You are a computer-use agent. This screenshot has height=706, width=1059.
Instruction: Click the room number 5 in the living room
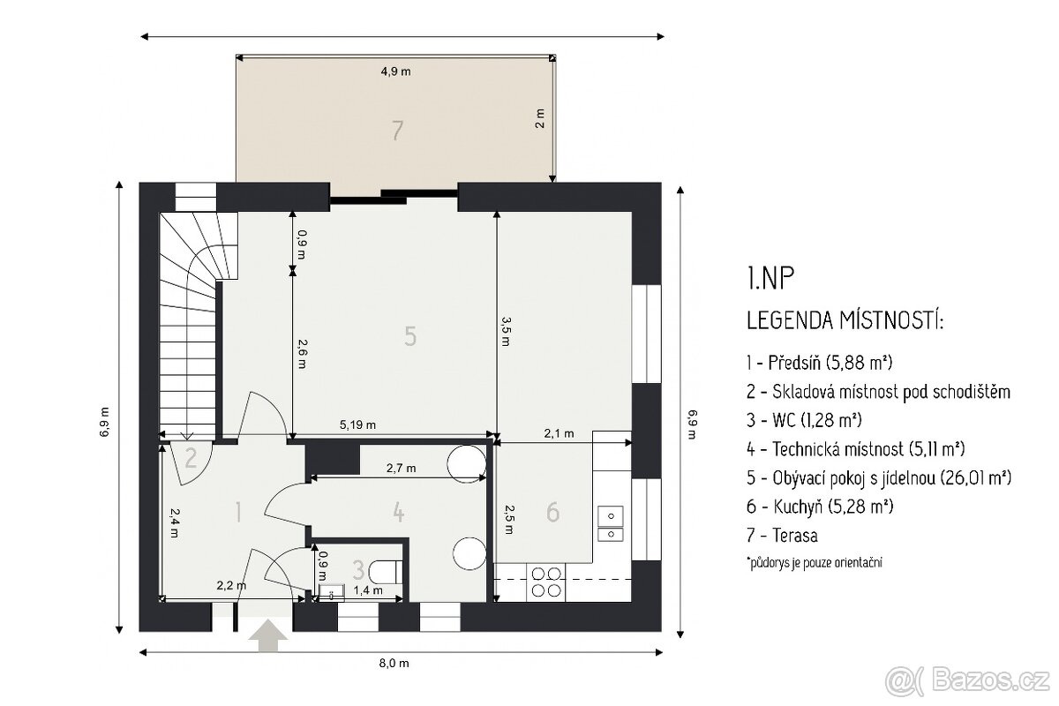click(x=410, y=336)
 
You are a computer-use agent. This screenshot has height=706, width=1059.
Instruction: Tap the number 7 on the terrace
click(x=397, y=131)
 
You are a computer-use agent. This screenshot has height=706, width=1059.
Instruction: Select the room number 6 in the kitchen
click(x=552, y=512)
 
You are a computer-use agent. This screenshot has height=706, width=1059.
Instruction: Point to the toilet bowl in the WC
click(x=386, y=571)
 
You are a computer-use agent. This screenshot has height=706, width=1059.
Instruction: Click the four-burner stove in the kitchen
click(x=546, y=582)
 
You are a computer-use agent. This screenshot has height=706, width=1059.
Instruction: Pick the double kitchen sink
click(x=611, y=523)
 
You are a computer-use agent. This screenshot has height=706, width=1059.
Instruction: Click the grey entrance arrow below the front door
click(x=268, y=635)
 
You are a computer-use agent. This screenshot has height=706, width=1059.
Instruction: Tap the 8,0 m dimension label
click(x=394, y=663)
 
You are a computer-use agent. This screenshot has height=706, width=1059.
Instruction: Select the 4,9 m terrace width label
click(x=395, y=71)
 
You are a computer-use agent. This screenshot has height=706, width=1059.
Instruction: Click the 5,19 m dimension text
click(x=358, y=424)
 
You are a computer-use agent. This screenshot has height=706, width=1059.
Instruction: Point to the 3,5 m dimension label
click(x=505, y=331)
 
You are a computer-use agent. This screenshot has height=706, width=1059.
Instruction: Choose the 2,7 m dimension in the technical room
click(x=401, y=468)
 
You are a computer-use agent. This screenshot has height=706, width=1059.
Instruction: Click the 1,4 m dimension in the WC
click(x=368, y=590)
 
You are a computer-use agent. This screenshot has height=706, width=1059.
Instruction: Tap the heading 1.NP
click(x=770, y=278)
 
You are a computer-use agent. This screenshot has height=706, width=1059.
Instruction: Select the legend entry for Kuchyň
click(x=820, y=507)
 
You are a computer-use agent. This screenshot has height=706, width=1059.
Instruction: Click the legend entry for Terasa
click(x=782, y=536)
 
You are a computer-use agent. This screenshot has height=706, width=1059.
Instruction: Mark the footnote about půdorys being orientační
click(x=814, y=562)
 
